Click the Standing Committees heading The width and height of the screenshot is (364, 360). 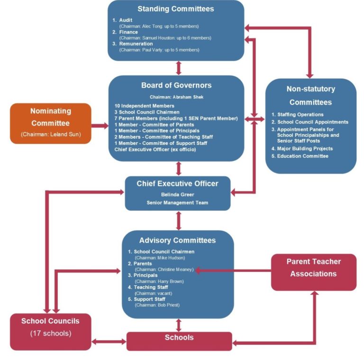(175, 9)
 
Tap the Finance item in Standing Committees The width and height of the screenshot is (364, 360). (128, 32)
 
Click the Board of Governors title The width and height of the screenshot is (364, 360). (176, 86)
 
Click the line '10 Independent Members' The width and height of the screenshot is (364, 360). (144, 105)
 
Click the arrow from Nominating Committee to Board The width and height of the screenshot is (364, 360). (99, 126)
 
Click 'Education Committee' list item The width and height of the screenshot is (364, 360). (302, 156)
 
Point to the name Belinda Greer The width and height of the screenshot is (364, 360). (178, 194)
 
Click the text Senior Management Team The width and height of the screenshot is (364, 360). (178, 203)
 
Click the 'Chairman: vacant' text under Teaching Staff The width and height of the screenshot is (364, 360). (154, 293)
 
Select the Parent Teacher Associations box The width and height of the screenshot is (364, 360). (313, 268)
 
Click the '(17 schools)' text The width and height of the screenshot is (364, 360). (50, 333)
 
